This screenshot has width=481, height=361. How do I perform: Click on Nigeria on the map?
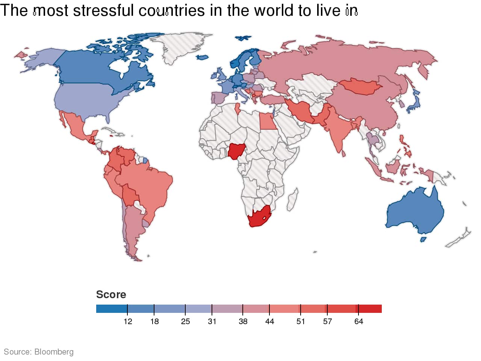pyautogui.click(x=236, y=151)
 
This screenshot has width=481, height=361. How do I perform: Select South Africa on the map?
pyautogui.click(x=259, y=217)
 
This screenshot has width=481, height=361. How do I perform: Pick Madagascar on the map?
pyautogui.click(x=293, y=199)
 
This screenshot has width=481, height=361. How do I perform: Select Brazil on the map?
pyautogui.click(x=150, y=188)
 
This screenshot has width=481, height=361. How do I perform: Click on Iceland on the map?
pyautogui.click(x=243, y=38)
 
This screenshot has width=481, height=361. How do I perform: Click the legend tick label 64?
pyautogui.click(x=358, y=322)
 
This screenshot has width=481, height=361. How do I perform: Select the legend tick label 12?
pyautogui.click(x=128, y=322)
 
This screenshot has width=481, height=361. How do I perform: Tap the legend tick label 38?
pyautogui.click(x=243, y=322)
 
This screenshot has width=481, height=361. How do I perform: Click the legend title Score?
pyautogui.click(x=111, y=294)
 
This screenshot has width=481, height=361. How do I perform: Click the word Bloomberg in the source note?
pyautogui.click(x=54, y=352)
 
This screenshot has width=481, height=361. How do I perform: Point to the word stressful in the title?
pyautogui.click(x=103, y=11)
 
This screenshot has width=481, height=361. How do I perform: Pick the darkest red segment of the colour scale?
pyautogui.click(x=370, y=309)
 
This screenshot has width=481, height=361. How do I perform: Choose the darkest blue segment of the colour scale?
pyautogui.click(x=112, y=309)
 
